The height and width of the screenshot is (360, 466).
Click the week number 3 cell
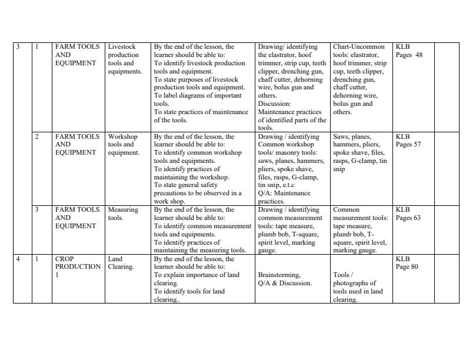coord(18,47)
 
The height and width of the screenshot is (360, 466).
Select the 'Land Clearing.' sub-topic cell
coord(121,262)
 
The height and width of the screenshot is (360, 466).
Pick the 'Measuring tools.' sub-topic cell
coord(123,214)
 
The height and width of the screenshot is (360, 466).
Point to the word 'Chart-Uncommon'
coord(358,47)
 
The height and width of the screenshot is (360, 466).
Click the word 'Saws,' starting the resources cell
coord(342,136)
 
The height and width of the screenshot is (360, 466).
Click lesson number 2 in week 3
coord(36,136)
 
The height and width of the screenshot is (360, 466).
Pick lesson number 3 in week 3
coord(36,209)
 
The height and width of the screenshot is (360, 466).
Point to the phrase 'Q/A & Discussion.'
coord(285,283)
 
